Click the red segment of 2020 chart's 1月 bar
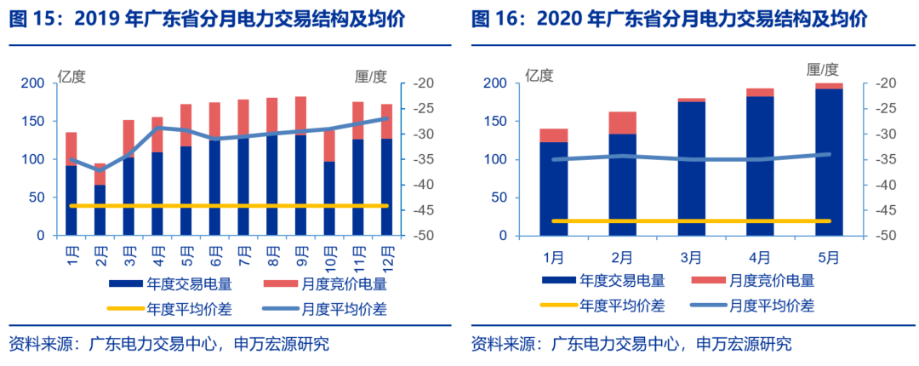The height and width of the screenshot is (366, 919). tap(553, 135)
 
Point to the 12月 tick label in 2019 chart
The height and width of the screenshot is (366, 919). tap(387, 254)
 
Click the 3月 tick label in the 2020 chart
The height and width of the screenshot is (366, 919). tap(691, 256)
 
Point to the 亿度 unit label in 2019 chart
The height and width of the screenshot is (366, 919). tap(71, 76)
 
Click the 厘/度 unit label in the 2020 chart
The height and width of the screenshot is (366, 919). tap(822, 69)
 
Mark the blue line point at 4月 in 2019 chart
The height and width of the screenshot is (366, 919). tap(157, 128)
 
